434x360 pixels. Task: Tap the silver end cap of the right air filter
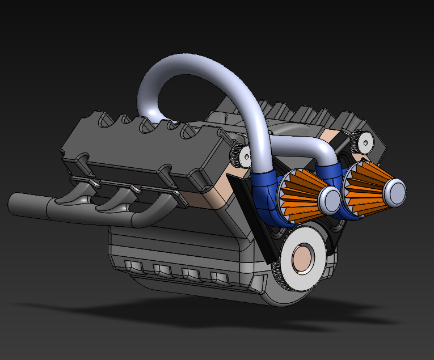[394, 192]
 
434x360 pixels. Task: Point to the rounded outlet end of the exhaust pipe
[14, 204]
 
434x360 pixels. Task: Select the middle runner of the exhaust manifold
[116, 201]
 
